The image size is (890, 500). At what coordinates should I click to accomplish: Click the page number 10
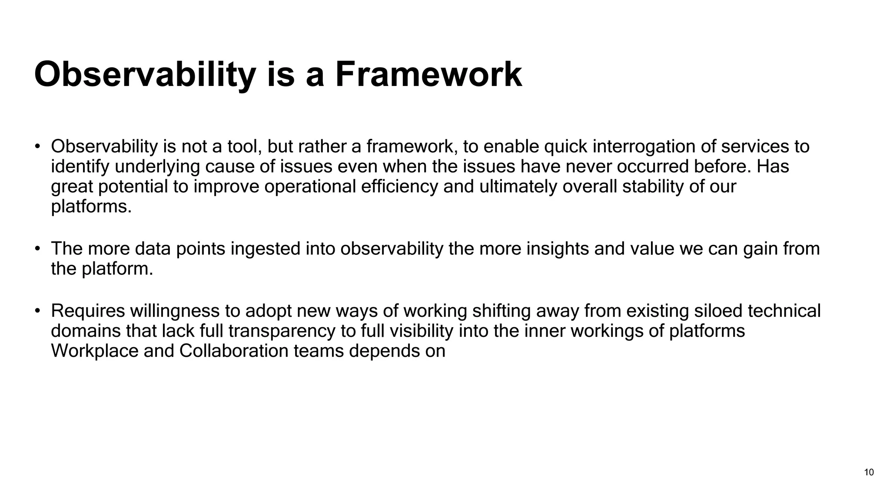[869, 473]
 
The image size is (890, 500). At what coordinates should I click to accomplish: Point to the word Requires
[88, 311]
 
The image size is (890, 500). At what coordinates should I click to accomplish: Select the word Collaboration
[234, 351]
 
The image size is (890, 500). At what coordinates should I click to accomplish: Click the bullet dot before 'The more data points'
[38, 249]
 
